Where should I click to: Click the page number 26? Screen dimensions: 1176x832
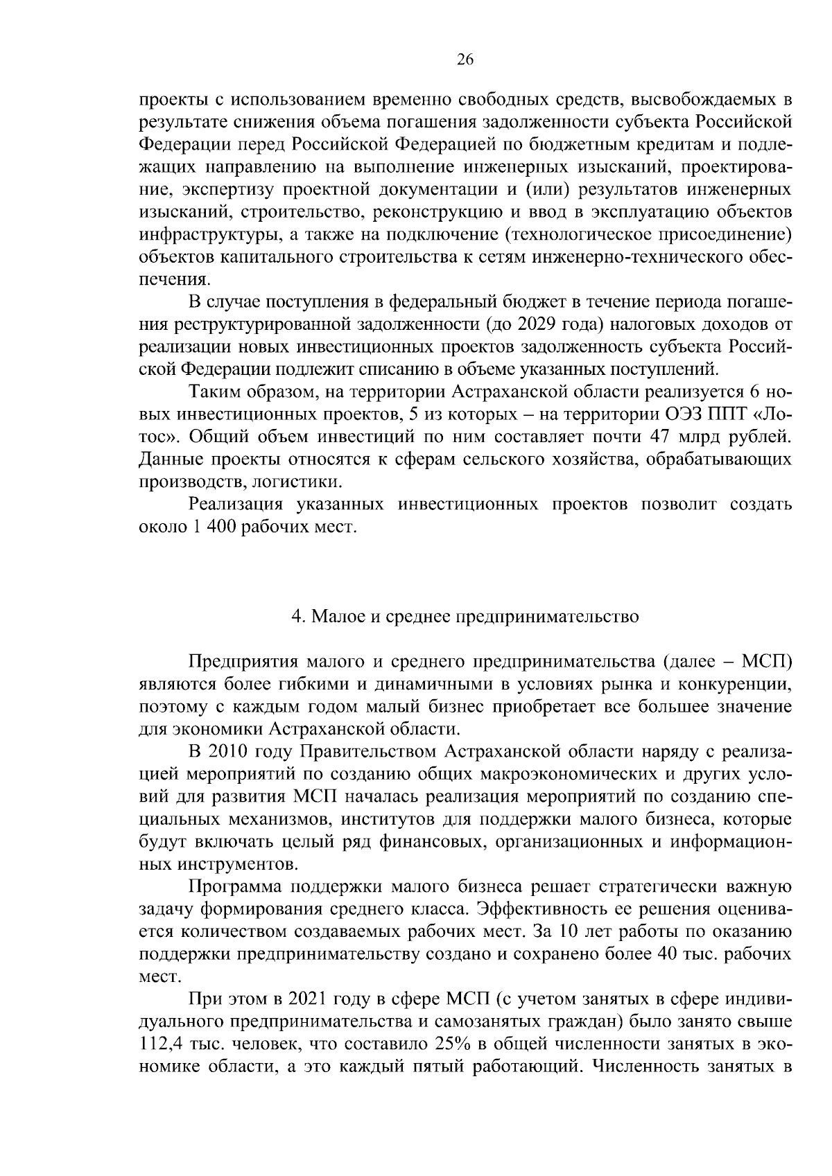tap(465, 60)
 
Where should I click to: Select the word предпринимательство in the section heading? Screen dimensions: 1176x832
tap(546, 616)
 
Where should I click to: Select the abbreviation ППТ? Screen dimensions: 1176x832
tap(736, 414)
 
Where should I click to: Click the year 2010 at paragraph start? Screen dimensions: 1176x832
tap(227, 751)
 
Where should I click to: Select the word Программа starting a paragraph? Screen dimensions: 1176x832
tap(236, 887)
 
